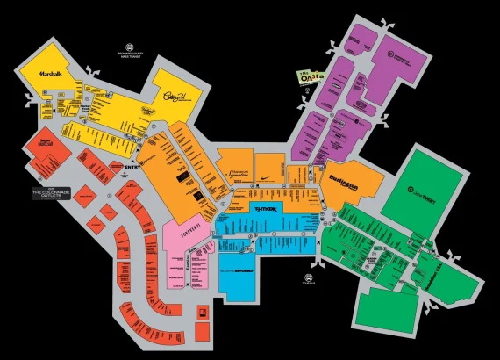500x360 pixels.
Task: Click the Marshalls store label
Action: click(x=51, y=76)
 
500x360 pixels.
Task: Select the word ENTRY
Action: click(x=133, y=163)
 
